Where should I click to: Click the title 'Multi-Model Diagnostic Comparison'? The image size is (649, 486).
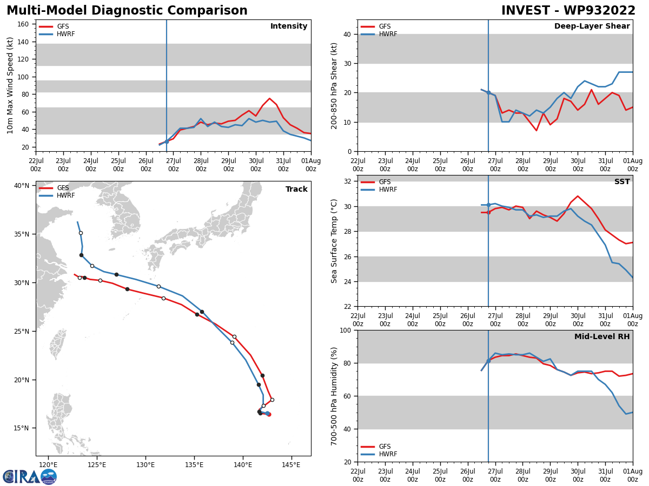pyautogui.click(x=127, y=11)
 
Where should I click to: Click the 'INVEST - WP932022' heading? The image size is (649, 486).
pyautogui.click(x=568, y=11)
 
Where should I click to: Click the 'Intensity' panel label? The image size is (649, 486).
pyautogui.click(x=289, y=26)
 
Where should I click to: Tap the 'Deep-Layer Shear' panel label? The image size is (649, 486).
pyautogui.click(x=592, y=26)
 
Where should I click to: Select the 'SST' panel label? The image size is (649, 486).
pyautogui.click(x=621, y=182)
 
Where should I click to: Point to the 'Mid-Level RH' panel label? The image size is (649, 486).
pyautogui.click(x=602, y=337)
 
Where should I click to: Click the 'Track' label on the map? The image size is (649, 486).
pyautogui.click(x=296, y=190)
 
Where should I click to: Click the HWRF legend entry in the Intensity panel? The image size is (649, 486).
pyautogui.click(x=65, y=34)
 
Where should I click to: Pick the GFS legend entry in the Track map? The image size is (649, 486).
pyautogui.click(x=63, y=188)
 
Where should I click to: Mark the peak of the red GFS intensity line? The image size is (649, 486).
pyautogui.click(x=269, y=98)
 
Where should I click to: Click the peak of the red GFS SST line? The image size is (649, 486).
pyautogui.click(x=577, y=196)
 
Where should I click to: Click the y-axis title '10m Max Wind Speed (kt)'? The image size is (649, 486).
pyautogui.click(x=10, y=85)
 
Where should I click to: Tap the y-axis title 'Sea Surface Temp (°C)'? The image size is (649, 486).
pyautogui.click(x=335, y=241)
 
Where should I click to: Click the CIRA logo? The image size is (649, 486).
pyautogui.click(x=30, y=476)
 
